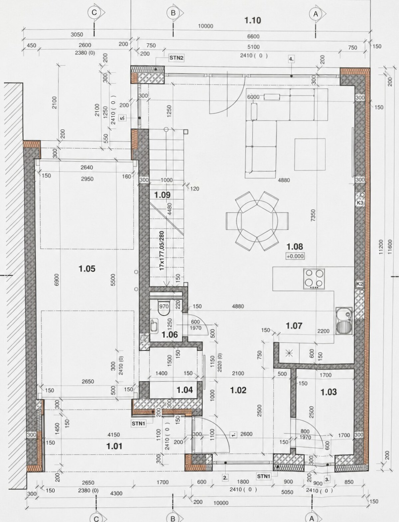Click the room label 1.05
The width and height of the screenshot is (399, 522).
(87, 269)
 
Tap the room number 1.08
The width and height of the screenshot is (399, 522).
(295, 247)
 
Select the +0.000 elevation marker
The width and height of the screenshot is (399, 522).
(295, 256)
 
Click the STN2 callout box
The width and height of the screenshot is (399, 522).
(176, 58)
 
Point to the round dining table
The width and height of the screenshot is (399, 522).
(257, 221)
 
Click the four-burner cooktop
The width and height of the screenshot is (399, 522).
(314, 279)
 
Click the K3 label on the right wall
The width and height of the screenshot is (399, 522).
(360, 203)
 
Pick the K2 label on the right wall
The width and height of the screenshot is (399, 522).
(359, 284)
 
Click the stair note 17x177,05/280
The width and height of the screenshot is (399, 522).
(162, 251)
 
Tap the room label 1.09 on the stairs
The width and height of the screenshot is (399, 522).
(162, 195)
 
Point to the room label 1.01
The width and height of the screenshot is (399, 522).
(114, 446)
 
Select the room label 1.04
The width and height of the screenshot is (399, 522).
(185, 390)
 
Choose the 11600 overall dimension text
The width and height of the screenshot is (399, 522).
(389, 247)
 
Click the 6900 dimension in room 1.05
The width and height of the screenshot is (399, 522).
(57, 280)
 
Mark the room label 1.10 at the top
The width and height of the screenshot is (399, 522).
(253, 21)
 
